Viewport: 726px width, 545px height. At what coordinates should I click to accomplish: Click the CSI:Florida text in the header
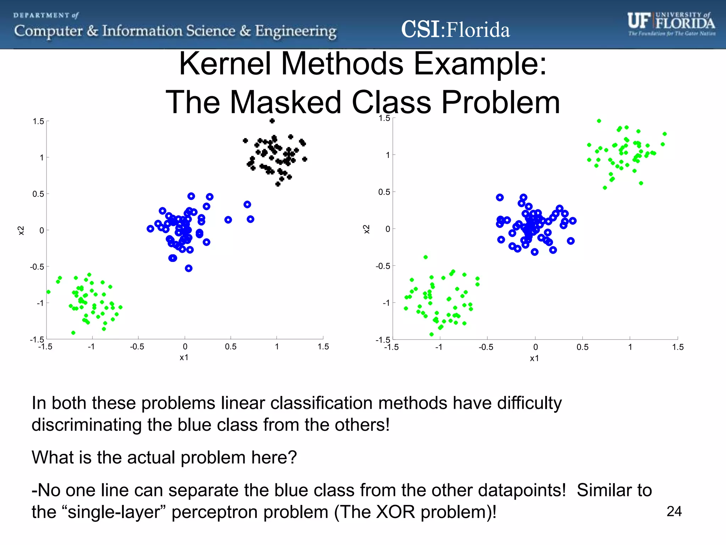click(455, 29)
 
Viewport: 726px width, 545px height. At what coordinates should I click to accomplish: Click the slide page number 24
click(674, 511)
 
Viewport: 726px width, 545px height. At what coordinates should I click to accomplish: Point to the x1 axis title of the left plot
click(184, 357)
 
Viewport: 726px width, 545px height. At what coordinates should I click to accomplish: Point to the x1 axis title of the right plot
click(534, 358)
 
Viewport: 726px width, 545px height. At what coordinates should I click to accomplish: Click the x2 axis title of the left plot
click(21, 230)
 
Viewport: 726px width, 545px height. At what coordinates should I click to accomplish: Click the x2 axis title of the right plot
click(367, 229)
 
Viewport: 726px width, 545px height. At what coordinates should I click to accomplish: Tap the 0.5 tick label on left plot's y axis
click(38, 194)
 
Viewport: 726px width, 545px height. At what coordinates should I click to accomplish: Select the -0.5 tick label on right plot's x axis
click(486, 347)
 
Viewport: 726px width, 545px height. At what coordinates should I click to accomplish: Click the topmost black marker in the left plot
click(272, 121)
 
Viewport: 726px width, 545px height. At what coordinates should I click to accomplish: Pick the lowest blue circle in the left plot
click(189, 268)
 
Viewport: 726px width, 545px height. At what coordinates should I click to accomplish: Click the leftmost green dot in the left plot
click(49, 292)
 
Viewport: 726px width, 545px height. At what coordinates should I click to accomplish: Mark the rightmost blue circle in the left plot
click(250, 219)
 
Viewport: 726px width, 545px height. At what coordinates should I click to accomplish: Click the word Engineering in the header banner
click(296, 31)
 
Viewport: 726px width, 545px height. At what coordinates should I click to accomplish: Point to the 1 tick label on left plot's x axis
click(277, 347)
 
